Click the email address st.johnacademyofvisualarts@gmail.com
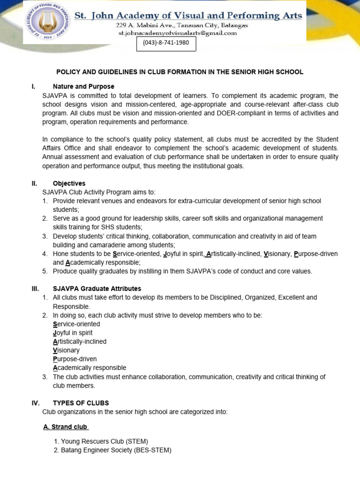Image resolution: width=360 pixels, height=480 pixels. click(x=177, y=33)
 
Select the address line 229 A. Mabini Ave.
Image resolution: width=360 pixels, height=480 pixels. click(x=182, y=25)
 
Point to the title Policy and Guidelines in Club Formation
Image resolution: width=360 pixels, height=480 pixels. click(x=180, y=72)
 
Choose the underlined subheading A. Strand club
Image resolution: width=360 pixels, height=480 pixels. click(x=65, y=427)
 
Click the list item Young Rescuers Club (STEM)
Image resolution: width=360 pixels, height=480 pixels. click(x=100, y=441)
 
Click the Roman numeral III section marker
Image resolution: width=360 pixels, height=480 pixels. click(x=34, y=289)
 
